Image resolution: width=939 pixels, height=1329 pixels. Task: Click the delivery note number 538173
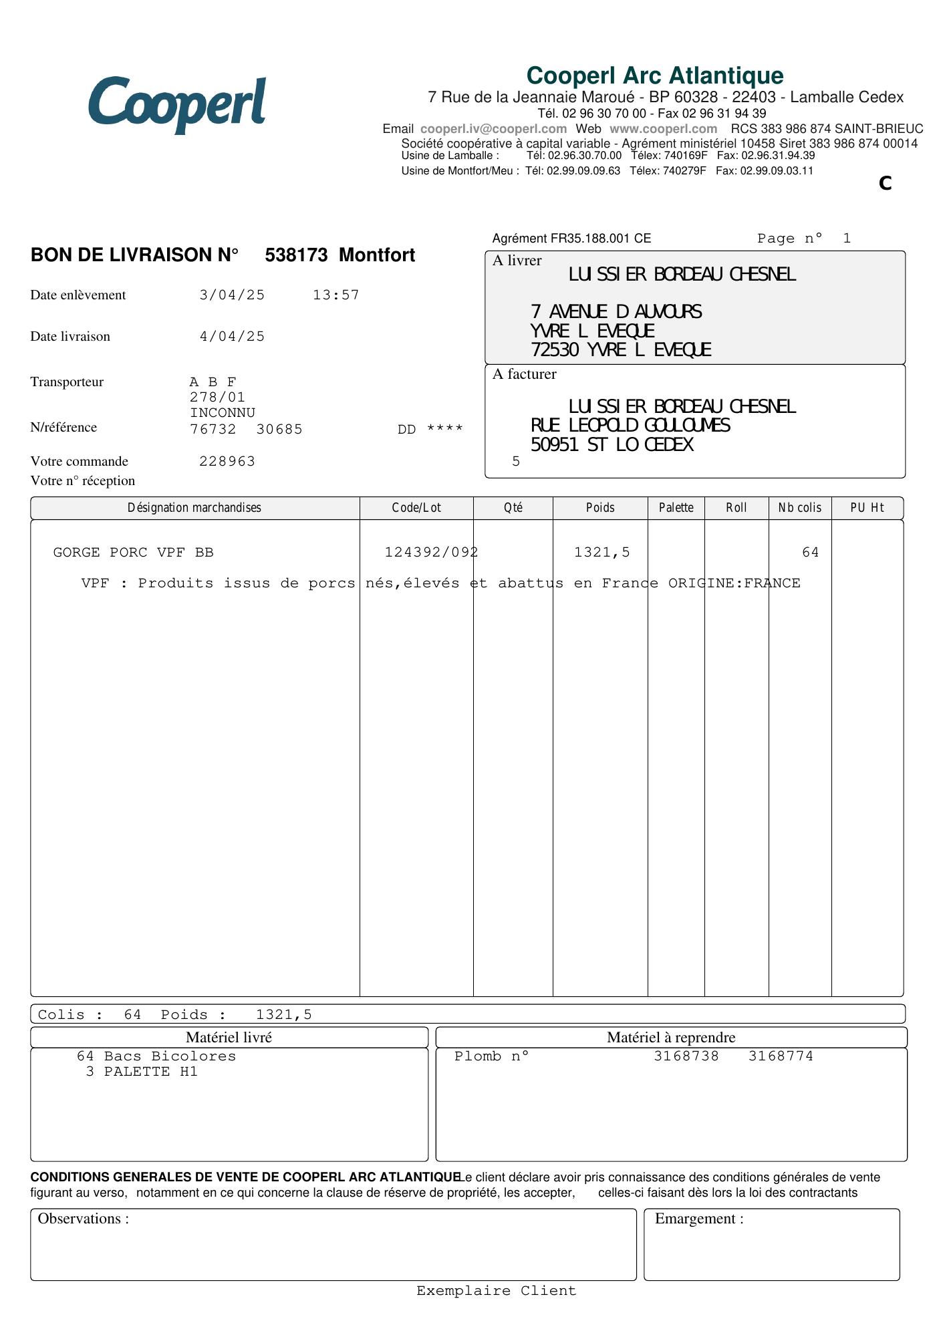coord(296,255)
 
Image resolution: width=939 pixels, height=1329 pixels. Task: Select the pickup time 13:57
coord(336,295)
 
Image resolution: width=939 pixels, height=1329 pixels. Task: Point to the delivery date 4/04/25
coord(232,337)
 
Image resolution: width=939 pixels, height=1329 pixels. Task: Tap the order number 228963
coord(227,462)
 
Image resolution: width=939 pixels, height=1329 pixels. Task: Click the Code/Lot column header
coord(416,508)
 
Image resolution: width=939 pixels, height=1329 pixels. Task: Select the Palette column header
coord(676,508)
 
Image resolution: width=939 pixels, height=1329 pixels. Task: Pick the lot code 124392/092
coord(431,553)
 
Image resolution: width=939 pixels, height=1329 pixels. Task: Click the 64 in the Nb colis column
coord(810,553)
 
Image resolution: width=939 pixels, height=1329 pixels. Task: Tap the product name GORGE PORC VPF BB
coord(133,553)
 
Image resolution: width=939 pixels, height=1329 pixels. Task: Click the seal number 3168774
coord(781,1056)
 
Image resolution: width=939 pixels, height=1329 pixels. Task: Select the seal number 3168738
coord(686,1056)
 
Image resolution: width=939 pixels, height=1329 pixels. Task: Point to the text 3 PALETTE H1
coord(142,1072)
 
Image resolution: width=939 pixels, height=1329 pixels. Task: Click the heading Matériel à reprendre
coord(671,1038)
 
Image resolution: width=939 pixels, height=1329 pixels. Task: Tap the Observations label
coord(84,1219)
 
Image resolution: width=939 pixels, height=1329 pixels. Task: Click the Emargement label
coord(699,1219)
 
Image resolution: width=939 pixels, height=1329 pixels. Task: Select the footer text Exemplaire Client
coord(496,1291)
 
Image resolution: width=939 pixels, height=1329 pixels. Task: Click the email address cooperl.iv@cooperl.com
coord(493,129)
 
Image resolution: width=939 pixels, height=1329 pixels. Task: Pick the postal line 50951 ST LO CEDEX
coord(612,445)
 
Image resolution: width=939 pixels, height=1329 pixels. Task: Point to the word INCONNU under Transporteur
coord(223,413)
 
